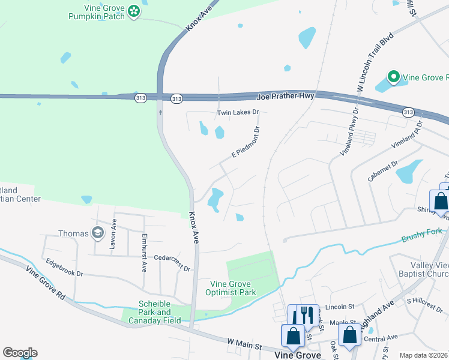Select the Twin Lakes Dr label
237,112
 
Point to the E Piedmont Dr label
245,143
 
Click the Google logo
20,352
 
